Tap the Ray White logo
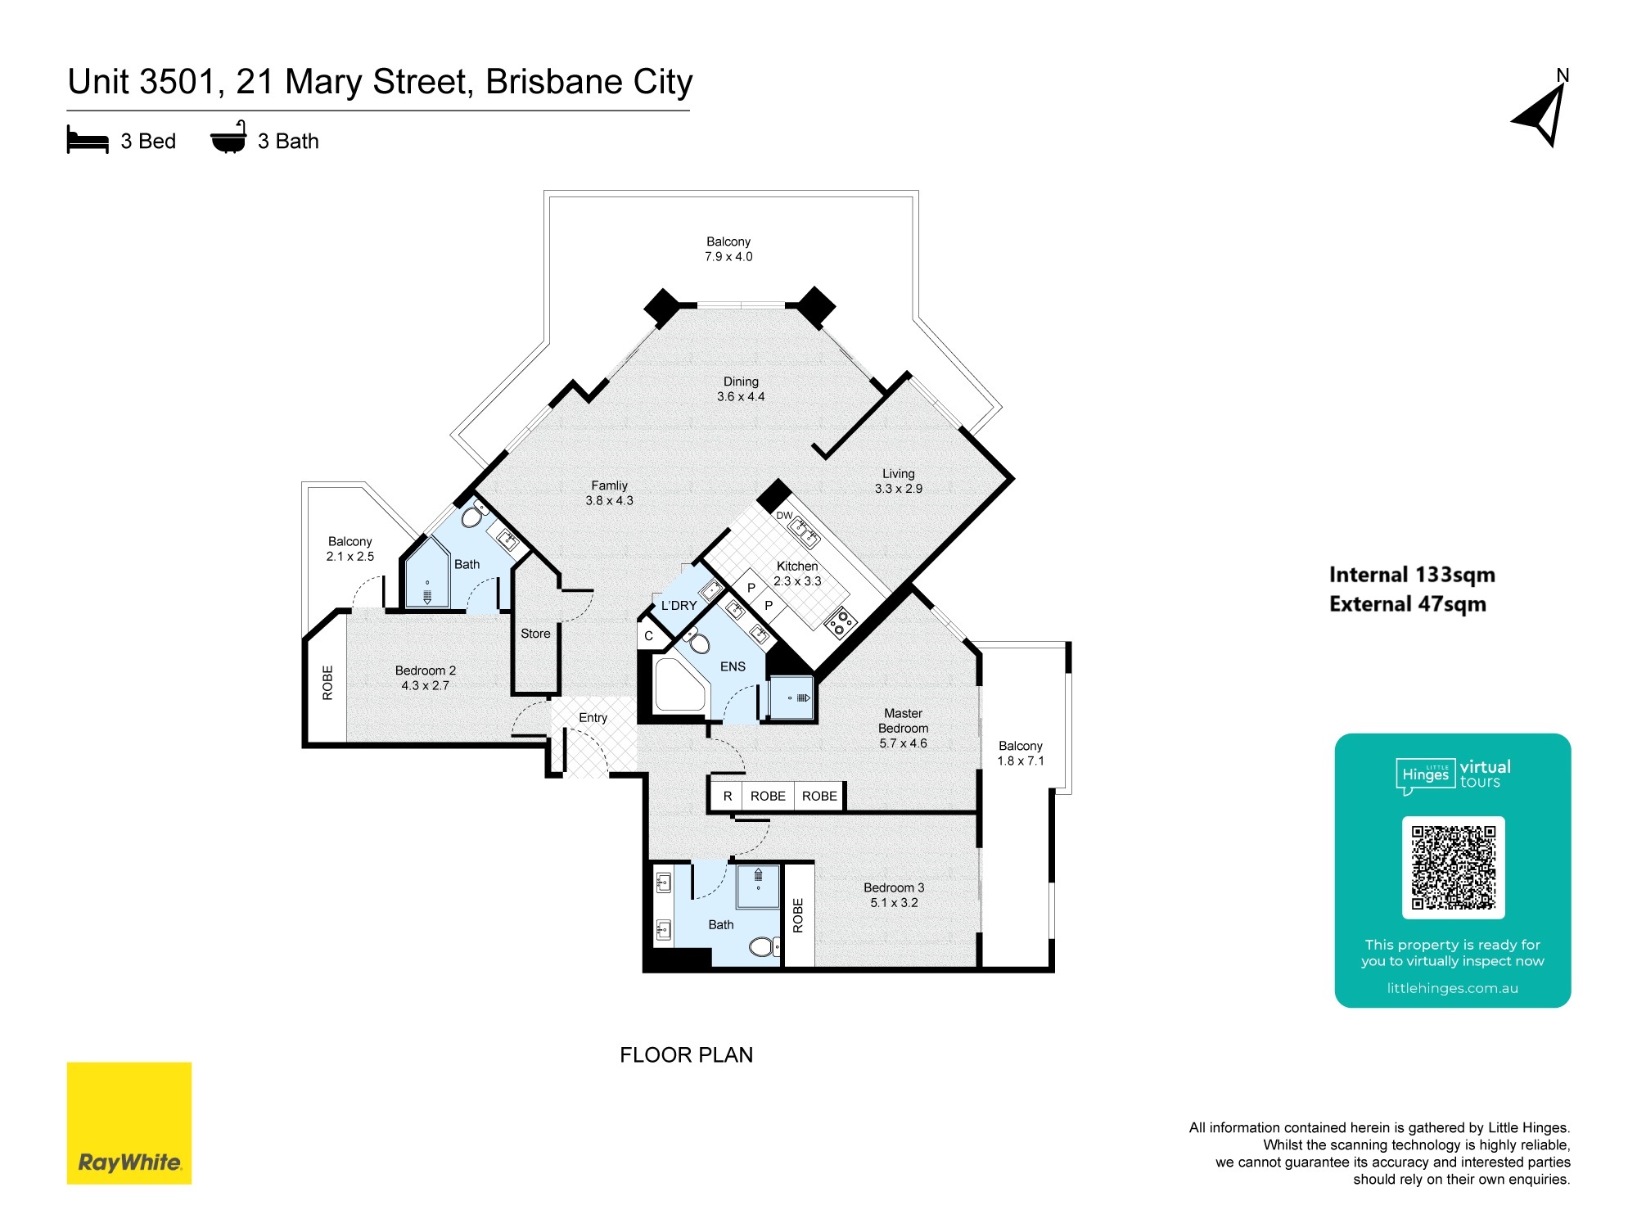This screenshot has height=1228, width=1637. (x=129, y=1123)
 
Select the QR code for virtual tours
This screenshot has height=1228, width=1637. (x=1453, y=868)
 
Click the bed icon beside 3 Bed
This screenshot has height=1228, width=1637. (x=88, y=140)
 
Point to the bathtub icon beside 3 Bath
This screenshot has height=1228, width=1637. (x=228, y=138)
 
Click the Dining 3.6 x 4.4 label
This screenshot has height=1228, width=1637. (x=741, y=389)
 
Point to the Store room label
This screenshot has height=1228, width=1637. (x=535, y=634)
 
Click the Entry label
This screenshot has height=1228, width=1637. (x=593, y=718)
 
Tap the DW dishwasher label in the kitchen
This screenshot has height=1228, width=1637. (x=784, y=516)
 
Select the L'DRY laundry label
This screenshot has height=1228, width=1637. (x=679, y=606)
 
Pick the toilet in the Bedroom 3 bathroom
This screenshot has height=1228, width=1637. (x=764, y=947)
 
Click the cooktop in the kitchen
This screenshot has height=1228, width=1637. (x=841, y=621)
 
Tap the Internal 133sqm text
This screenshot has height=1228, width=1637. (x=1412, y=575)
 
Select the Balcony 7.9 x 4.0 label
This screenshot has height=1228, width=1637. (x=728, y=249)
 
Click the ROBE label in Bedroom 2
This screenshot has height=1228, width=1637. (x=327, y=683)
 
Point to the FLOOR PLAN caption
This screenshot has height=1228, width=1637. (x=686, y=1054)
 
